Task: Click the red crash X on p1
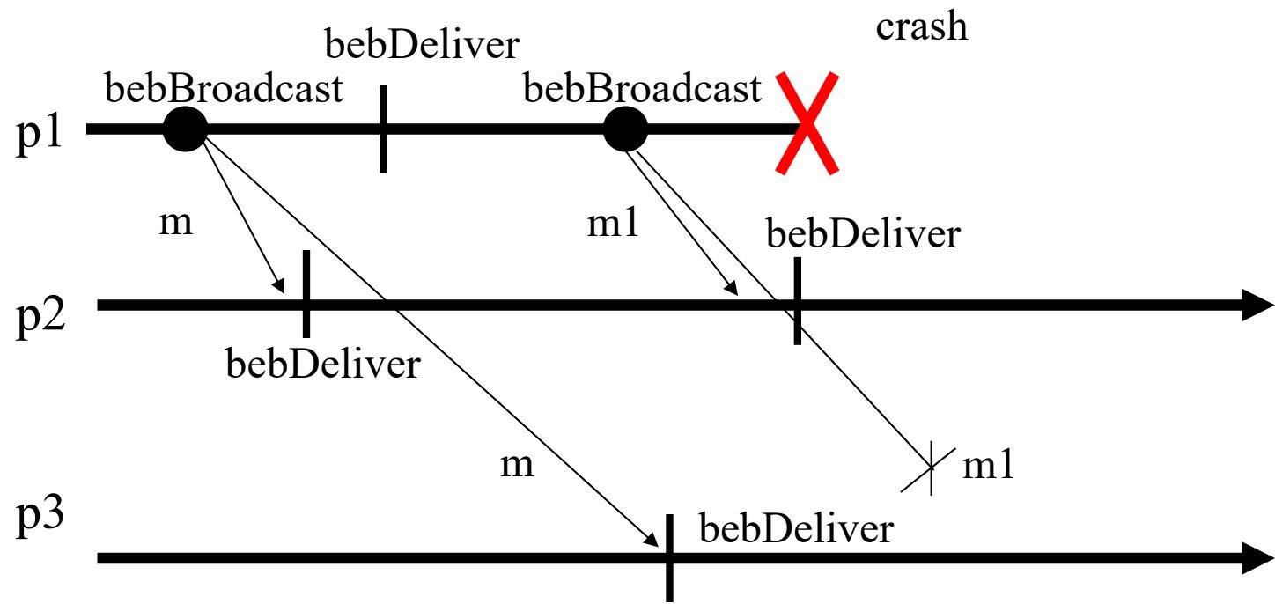[806, 122]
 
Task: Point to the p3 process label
[41, 527]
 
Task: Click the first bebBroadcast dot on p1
[185, 129]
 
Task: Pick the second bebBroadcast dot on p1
[626, 129]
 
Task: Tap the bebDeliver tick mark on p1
[384, 129]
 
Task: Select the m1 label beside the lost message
[989, 467]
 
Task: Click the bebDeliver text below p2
[323, 363]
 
